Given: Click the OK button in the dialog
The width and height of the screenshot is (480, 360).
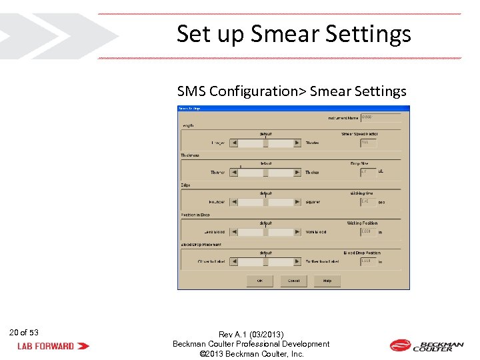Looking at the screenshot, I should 260,281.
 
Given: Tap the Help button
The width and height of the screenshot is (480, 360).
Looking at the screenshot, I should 327,281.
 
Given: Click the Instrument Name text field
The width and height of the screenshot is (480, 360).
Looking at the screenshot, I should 381,117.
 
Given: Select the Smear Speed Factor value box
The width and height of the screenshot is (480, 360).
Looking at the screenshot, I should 369,143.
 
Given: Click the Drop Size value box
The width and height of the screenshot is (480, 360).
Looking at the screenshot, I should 368,172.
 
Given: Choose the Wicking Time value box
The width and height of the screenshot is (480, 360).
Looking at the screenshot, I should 368,202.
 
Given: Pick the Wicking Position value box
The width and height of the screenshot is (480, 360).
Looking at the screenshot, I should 368,232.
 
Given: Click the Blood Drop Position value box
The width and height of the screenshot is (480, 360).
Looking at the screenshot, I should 368,261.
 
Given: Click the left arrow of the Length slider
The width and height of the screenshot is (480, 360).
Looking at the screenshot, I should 234,143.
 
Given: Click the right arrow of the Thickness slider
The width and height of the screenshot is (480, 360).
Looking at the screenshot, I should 297,173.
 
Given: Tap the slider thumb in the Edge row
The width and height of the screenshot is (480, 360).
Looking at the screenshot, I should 265,202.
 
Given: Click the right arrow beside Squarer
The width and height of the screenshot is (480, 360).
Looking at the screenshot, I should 297,202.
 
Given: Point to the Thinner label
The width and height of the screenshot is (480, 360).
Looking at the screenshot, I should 217,173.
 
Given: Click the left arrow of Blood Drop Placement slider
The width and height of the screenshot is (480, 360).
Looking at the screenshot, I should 234,261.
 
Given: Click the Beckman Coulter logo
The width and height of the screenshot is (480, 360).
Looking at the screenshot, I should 426,345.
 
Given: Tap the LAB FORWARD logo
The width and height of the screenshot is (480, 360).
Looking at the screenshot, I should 53,346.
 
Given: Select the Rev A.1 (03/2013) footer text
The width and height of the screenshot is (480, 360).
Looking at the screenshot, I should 251,334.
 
